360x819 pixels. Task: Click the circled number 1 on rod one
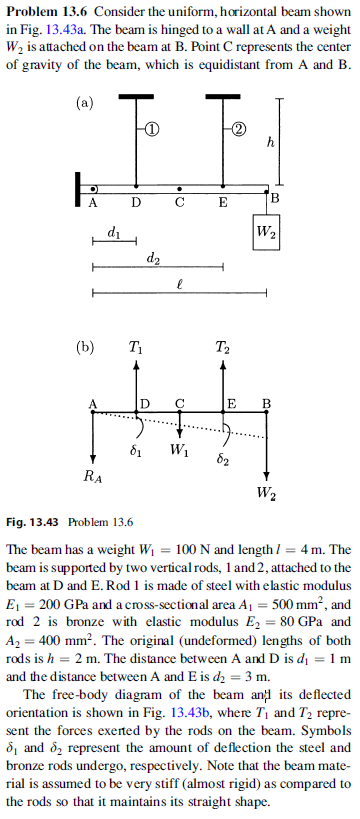point(148,130)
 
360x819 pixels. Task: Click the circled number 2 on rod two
point(235,130)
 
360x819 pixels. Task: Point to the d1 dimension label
point(113,234)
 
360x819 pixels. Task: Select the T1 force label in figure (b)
point(135,348)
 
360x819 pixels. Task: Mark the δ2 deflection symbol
point(226,459)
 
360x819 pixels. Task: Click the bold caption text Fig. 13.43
point(35,522)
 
